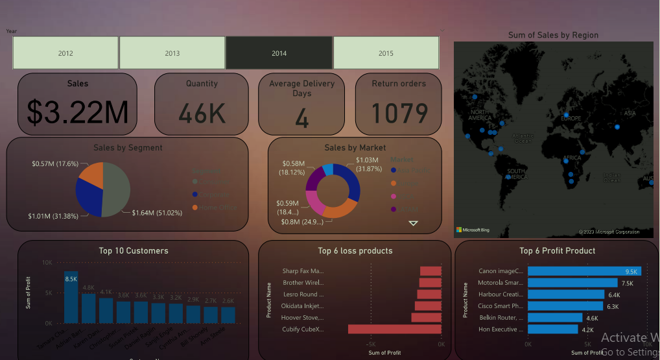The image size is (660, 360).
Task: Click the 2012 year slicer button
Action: [65, 53]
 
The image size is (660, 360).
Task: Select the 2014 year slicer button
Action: [279, 53]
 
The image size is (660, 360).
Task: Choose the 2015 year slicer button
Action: [386, 53]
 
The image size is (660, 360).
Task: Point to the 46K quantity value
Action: [202, 114]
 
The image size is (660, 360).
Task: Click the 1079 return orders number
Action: [399, 114]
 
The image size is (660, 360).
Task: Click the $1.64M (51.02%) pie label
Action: [158, 213]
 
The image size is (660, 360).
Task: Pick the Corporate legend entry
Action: [214, 195]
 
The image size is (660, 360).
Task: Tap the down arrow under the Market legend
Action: [413, 223]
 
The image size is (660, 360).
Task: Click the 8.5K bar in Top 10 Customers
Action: [71, 297]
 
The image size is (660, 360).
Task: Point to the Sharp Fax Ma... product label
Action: [303, 271]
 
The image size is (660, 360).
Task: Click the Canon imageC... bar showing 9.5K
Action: [583, 271]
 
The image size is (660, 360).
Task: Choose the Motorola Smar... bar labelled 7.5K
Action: [572, 283]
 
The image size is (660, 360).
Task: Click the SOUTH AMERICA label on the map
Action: [516, 174]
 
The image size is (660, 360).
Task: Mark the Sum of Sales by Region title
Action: [553, 35]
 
